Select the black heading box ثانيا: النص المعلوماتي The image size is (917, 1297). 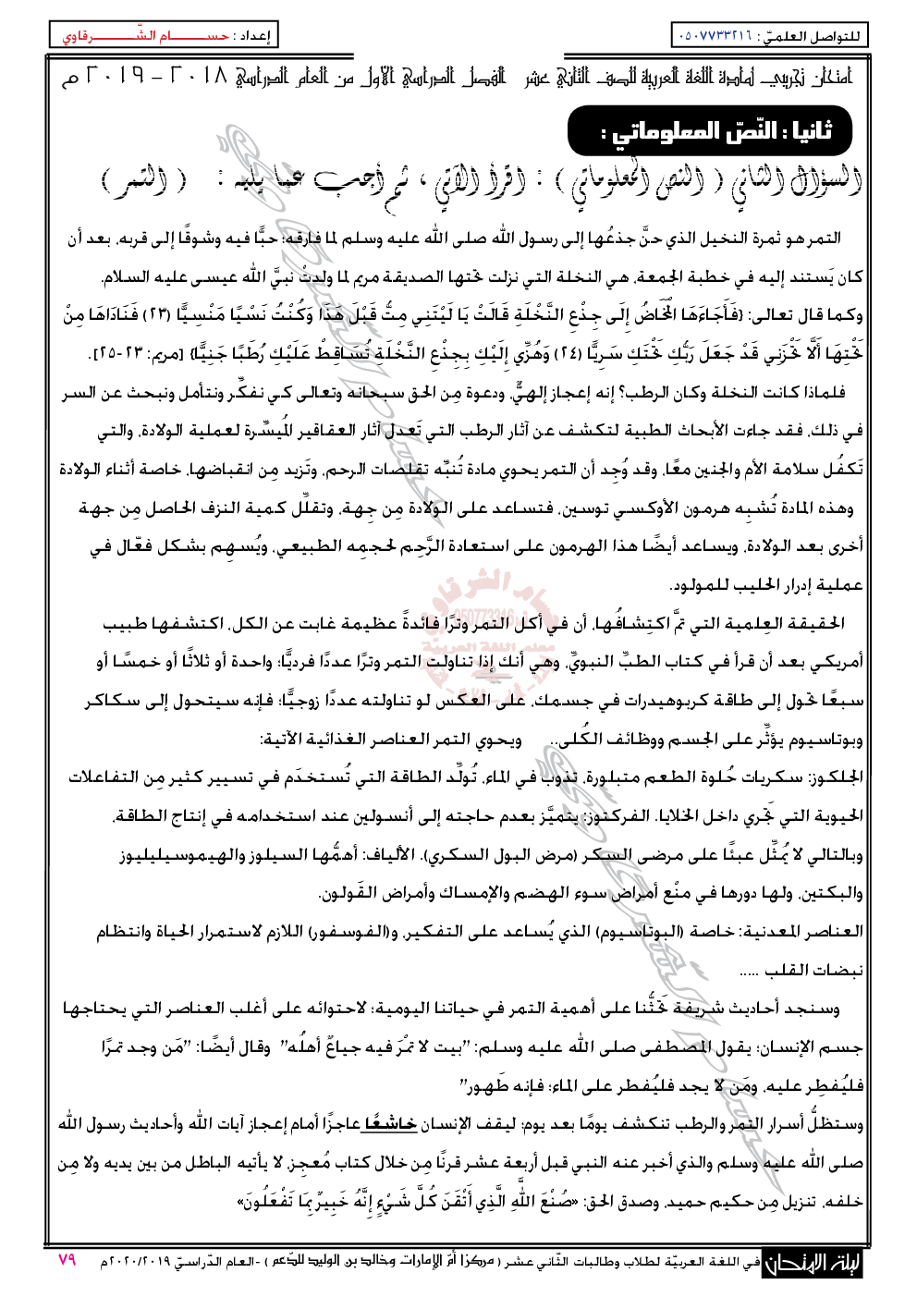(x=709, y=130)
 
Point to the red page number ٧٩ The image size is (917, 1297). (x=67, y=1260)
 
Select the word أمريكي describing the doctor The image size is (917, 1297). (x=836, y=662)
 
